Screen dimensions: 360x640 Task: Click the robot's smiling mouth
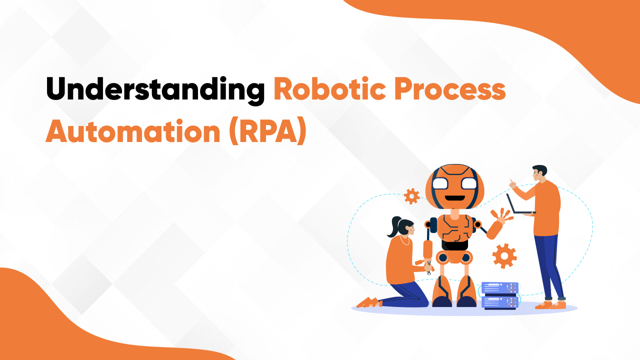[454, 196]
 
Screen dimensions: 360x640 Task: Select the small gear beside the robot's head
[411, 196]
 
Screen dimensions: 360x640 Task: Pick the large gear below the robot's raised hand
[504, 256]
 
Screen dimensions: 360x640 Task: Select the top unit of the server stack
[499, 288]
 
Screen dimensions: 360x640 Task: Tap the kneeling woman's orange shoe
[368, 302]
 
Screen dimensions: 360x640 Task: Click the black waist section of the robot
[454, 244]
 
